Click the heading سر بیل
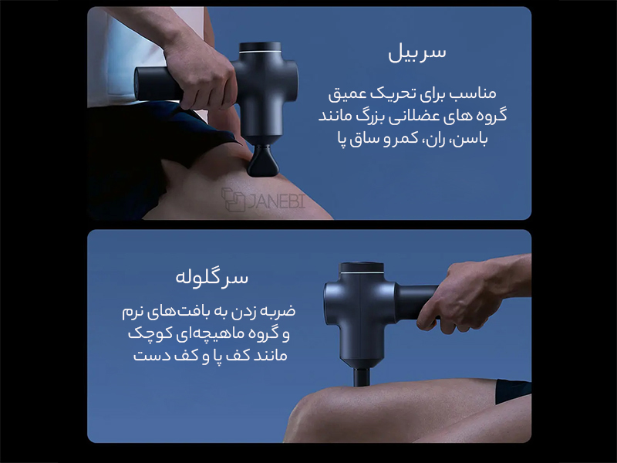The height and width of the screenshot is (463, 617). point(417,53)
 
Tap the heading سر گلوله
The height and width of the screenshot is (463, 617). point(211,277)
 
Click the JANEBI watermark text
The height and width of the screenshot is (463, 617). point(276,201)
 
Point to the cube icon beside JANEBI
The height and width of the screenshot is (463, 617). point(233,200)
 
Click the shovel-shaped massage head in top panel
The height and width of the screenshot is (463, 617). point(263,161)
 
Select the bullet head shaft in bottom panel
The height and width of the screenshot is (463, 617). point(362,377)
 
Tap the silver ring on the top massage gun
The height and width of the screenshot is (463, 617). point(260,52)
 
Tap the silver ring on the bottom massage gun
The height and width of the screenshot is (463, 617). point(362,272)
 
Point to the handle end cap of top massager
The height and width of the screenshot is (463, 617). point(137,84)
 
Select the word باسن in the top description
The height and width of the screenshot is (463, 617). point(471,140)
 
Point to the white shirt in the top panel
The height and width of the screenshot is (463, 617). point(130,55)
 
